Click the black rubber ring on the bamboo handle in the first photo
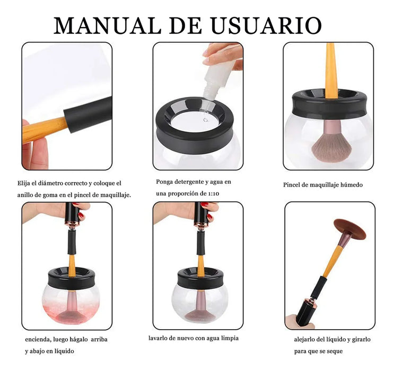pyautogui.click(x=88, y=114)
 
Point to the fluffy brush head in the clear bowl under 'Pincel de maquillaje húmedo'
pyautogui.click(x=331, y=149)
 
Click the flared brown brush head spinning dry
pyautogui.click(x=350, y=228)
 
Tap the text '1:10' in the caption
pyautogui.click(x=214, y=193)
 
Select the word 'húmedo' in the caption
pyautogui.click(x=352, y=185)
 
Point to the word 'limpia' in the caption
pyautogui.click(x=230, y=338)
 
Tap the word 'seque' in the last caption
pyautogui.click(x=335, y=351)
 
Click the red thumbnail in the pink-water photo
pyautogui.click(x=81, y=215)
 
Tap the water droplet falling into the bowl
pyautogui.click(x=206, y=120)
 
